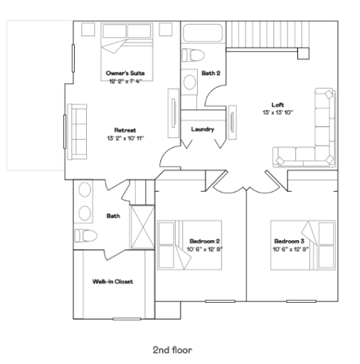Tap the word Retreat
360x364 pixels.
125,129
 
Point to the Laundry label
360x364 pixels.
203,129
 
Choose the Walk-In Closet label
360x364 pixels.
113,281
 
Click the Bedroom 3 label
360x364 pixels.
287,240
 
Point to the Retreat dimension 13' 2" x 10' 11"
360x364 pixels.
125,137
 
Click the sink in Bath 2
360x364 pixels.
190,80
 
